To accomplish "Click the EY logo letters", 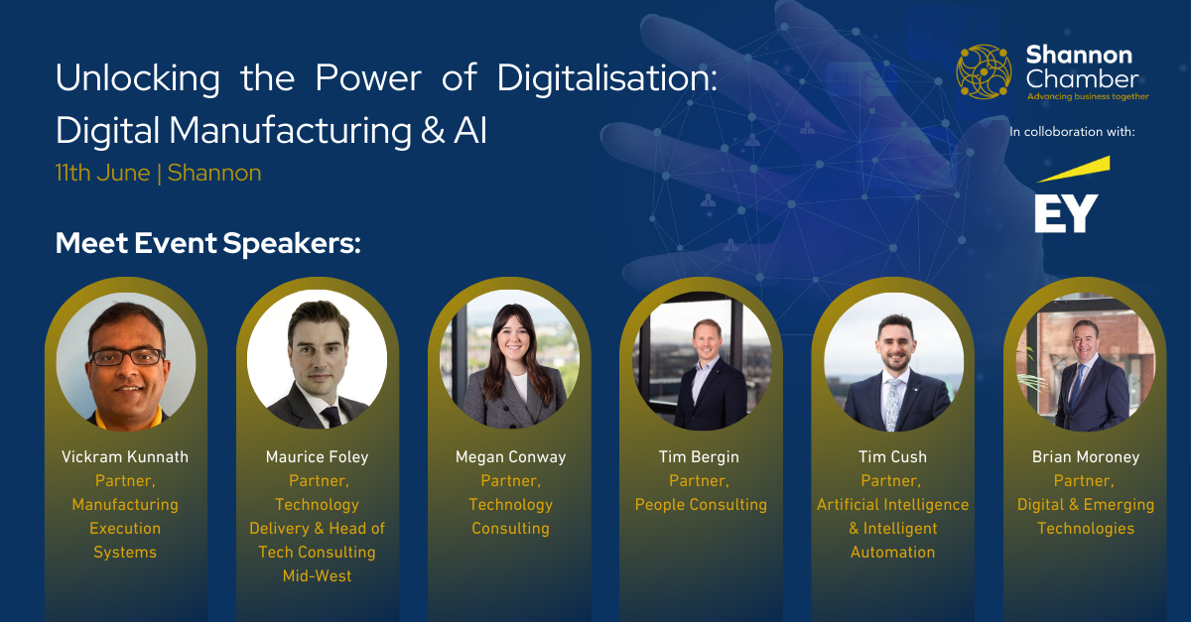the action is (1066, 213).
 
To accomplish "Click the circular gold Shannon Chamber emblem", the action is (984, 71).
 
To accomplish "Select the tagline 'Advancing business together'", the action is (1088, 96).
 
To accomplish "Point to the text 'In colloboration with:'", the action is (1072, 131).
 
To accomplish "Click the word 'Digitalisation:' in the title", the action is (607, 78).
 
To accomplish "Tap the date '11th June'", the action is (102, 173).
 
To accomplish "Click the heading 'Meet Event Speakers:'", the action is (207, 243).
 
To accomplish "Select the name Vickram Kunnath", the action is (125, 456).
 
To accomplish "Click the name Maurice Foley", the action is (318, 456).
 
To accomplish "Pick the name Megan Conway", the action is (510, 456).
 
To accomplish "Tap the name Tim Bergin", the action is (699, 456).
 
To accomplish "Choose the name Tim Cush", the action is (892, 456).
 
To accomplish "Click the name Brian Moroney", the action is (1086, 456).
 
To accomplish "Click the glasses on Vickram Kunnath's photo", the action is (127, 357).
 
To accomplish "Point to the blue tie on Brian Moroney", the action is (1077, 387).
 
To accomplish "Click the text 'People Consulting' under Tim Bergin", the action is (701, 505).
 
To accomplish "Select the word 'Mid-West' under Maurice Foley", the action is (317, 575).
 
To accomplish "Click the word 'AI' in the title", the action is (470, 130).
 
